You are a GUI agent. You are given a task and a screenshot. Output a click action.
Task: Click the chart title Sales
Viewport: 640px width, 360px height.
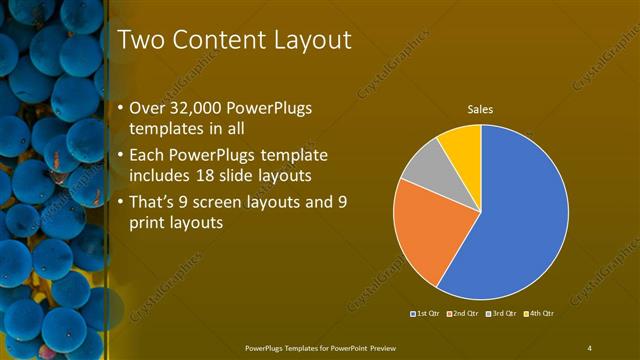pos(481,110)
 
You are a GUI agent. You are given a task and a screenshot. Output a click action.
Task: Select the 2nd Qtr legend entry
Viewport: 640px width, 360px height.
pos(462,313)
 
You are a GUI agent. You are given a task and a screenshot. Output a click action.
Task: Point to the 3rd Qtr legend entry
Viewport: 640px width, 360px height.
pos(501,313)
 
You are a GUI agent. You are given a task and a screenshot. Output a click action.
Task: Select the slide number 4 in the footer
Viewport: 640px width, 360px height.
pos(589,347)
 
